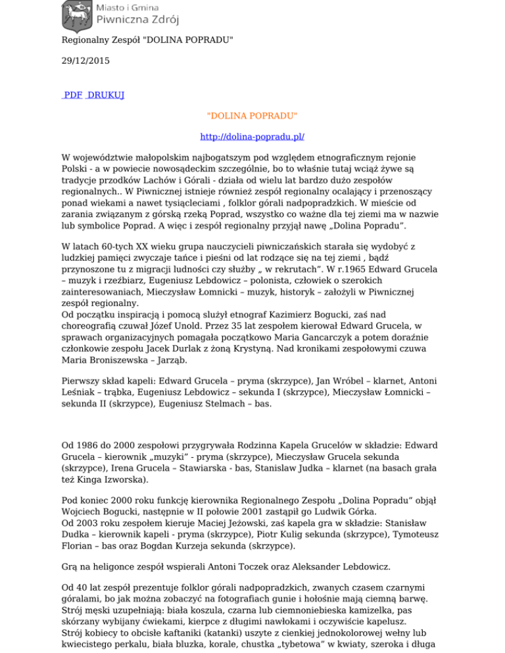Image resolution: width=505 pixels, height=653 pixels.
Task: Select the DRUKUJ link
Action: coord(106,95)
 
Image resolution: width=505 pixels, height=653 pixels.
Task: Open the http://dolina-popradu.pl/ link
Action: coord(252,137)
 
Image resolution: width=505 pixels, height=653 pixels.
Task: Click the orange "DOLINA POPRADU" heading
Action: coord(252,116)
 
